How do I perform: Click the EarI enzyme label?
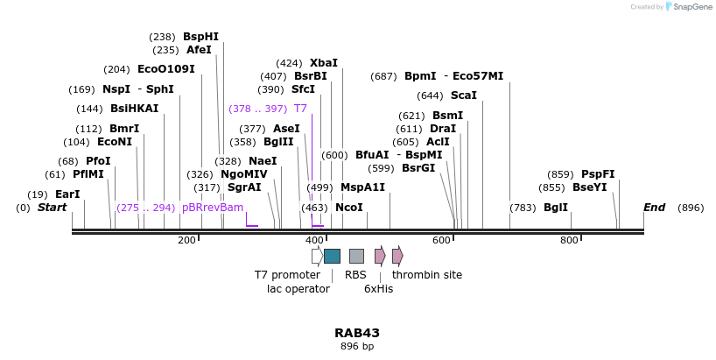pos(67,194)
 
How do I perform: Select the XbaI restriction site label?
pos(323,63)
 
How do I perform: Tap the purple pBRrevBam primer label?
pos(213,208)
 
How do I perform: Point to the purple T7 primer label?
pos(300,109)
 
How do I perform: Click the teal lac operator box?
pos(332,256)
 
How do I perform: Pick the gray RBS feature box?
pos(356,256)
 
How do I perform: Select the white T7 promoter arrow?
pos(317,256)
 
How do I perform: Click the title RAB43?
pos(357,333)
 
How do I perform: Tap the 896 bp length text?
pos(357,347)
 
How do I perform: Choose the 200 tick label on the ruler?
pos(186,240)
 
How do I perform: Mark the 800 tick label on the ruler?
pos(570,240)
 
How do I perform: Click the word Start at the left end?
pos(52,208)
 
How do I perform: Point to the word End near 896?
pos(654,208)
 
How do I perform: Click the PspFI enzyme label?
pos(598,174)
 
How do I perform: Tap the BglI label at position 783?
pos(556,208)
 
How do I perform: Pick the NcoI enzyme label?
pos(348,208)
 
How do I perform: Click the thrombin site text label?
pos(427,275)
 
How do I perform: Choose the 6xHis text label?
pos(378,289)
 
